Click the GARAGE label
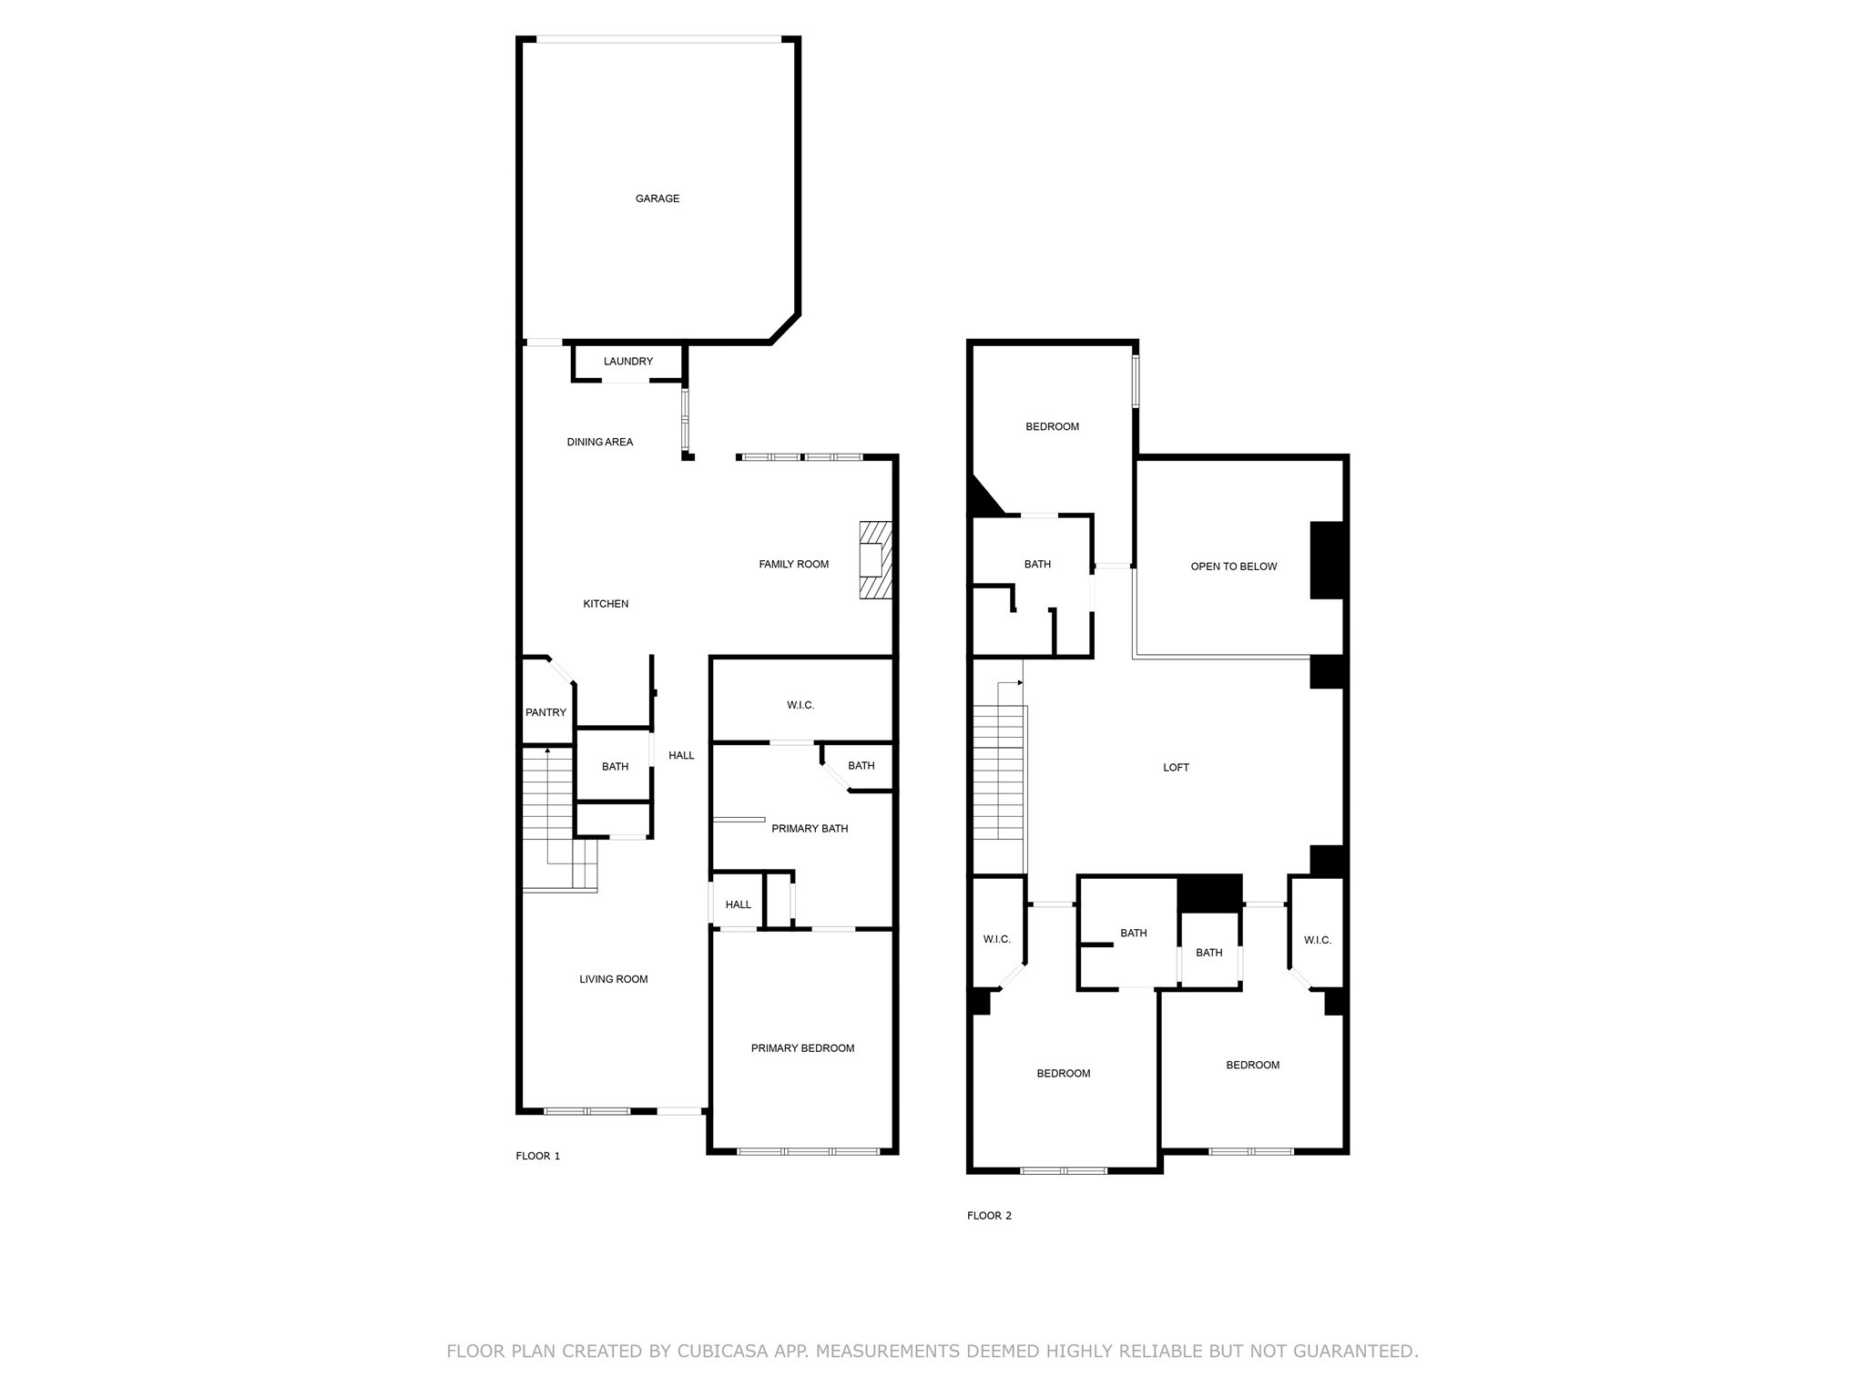point(657,199)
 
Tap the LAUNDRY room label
point(628,362)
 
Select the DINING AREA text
point(600,443)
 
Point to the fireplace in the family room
point(875,560)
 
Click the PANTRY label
point(545,713)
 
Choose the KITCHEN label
point(606,604)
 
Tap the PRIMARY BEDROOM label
point(802,1048)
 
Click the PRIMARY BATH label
point(810,829)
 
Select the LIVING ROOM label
point(614,980)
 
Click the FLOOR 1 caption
point(538,1157)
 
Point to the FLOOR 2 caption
point(989,1216)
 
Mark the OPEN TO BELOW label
point(1234,567)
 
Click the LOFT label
point(1176,768)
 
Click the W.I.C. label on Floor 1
point(800,705)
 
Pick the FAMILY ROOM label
point(793,565)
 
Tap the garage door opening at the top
point(657,39)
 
